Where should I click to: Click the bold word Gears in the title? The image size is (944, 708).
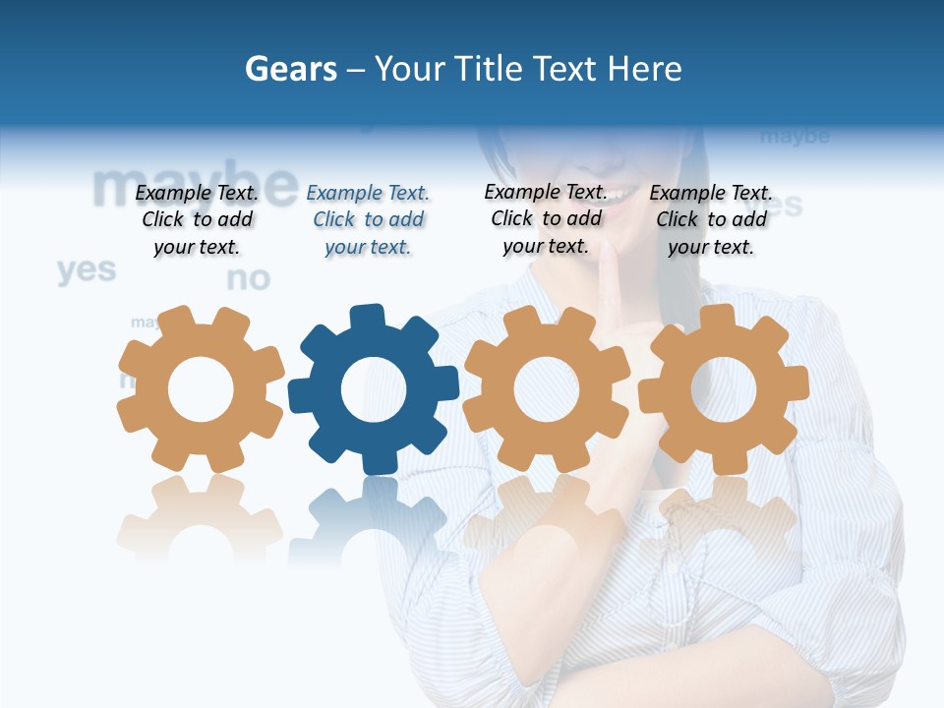(290, 69)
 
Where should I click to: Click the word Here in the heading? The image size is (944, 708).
(644, 69)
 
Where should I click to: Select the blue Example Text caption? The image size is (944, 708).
(368, 220)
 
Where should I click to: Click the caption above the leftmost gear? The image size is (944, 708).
(197, 220)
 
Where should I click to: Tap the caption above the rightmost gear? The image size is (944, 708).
(711, 220)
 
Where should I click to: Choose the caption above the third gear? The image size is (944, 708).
(546, 218)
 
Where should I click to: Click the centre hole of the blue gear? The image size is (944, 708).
(374, 389)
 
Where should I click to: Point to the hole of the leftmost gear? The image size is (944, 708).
(201, 389)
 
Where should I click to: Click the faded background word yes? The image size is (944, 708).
(87, 269)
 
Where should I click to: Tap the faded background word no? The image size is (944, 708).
(248, 279)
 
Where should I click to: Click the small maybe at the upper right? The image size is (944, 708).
(795, 136)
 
